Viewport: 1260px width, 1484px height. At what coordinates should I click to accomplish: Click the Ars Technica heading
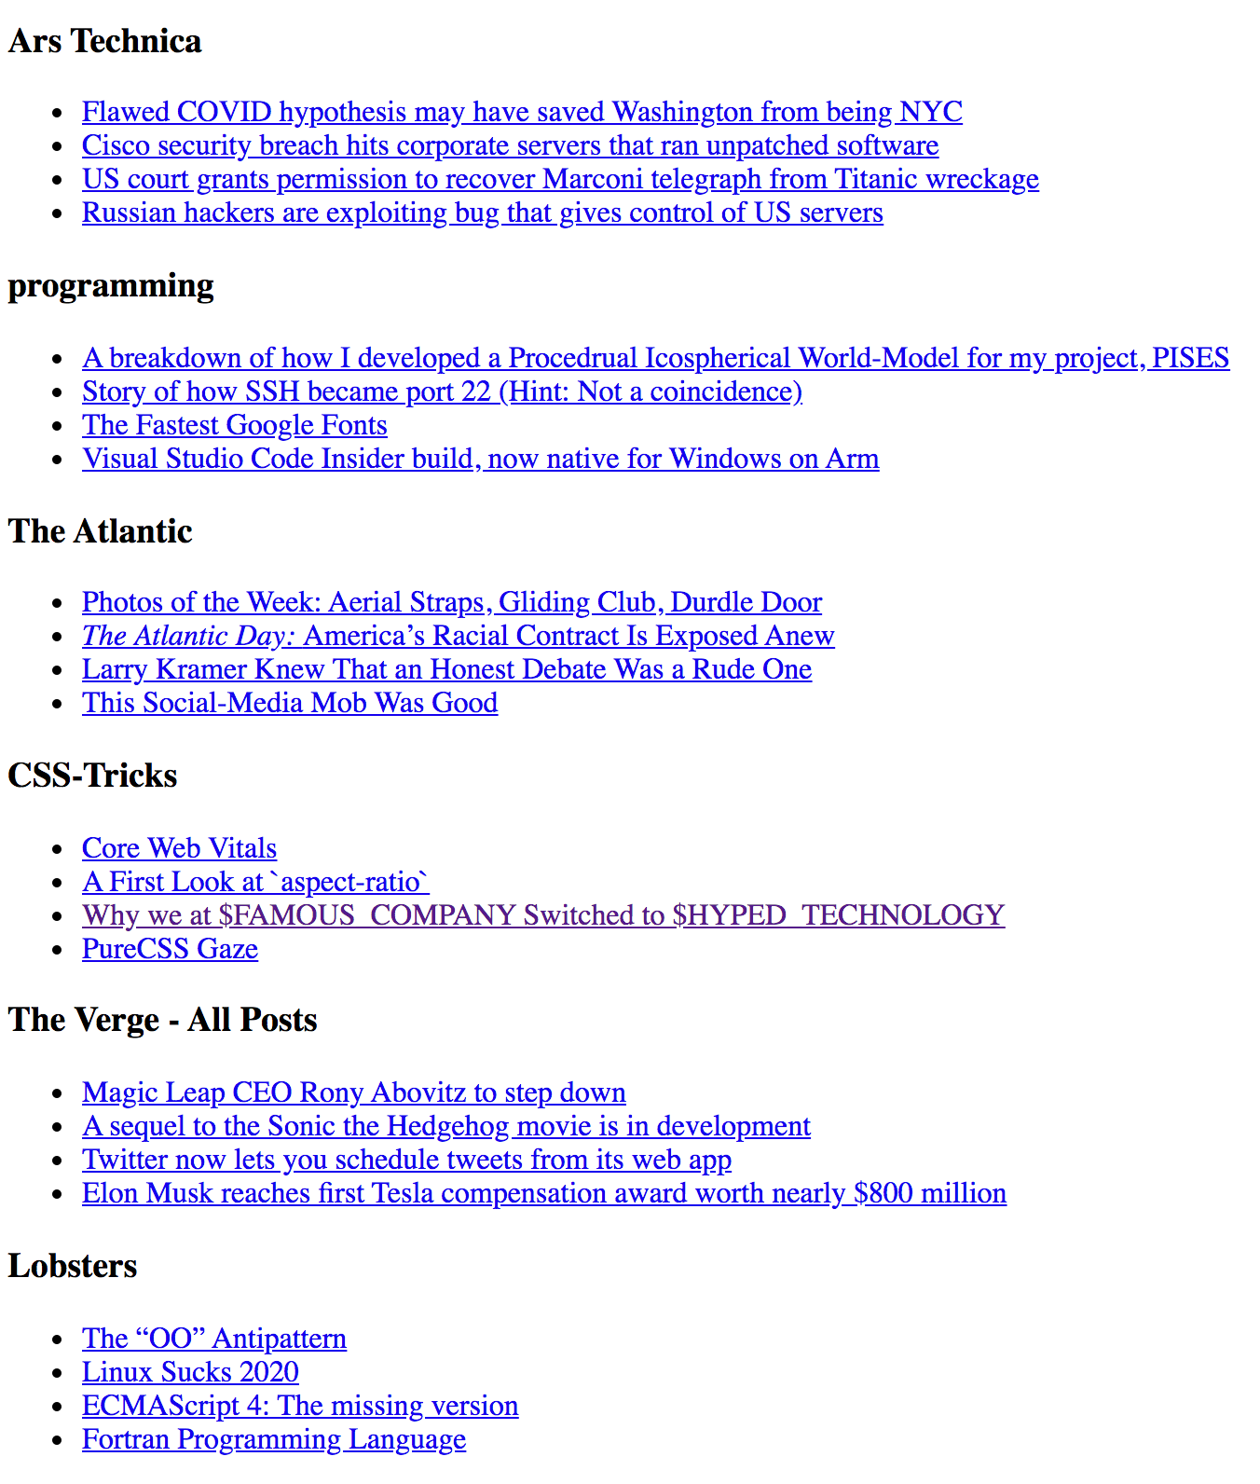pyautogui.click(x=104, y=42)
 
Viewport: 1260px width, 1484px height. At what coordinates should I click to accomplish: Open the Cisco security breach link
pyautogui.click(x=510, y=146)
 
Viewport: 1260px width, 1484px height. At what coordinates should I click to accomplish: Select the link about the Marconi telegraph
pyautogui.click(x=560, y=180)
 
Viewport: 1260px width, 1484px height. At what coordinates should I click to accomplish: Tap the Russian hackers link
pyautogui.click(x=482, y=213)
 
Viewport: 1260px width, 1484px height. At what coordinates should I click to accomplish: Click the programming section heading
pyautogui.click(x=111, y=286)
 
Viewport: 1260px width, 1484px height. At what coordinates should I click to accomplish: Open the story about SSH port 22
pyautogui.click(x=442, y=392)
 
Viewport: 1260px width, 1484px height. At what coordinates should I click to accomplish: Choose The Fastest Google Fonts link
pyautogui.click(x=234, y=426)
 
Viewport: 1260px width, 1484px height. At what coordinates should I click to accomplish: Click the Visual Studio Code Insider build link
pyautogui.click(x=480, y=460)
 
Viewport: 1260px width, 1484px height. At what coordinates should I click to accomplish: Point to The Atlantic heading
pyautogui.click(x=100, y=531)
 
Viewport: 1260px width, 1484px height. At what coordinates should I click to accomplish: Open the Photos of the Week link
pyautogui.click(x=452, y=603)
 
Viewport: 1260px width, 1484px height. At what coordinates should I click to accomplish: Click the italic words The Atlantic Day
pyautogui.click(x=188, y=637)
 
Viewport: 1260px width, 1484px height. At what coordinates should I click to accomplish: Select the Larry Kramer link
pyautogui.click(x=446, y=670)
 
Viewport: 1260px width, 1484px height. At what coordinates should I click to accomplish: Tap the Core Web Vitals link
pyautogui.click(x=179, y=849)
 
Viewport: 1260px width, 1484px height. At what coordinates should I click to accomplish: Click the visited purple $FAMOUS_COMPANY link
pyautogui.click(x=542, y=916)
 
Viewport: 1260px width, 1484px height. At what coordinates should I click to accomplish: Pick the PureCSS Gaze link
pyautogui.click(x=170, y=950)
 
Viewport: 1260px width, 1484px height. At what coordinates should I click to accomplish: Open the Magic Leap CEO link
pyautogui.click(x=353, y=1093)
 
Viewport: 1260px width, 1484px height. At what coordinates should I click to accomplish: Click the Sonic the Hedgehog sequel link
pyautogui.click(x=445, y=1127)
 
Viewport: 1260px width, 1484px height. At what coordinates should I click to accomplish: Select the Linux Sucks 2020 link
pyautogui.click(x=190, y=1373)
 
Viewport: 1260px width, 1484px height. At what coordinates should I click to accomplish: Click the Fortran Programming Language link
pyautogui.click(x=274, y=1440)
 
